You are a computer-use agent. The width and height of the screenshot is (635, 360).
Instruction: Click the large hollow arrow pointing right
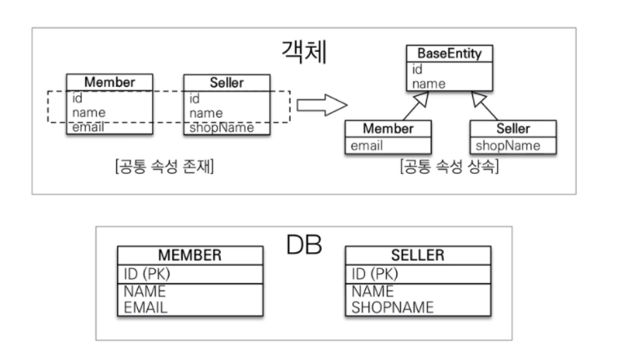pos(322,105)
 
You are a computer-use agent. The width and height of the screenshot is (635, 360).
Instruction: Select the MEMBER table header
pos(190,255)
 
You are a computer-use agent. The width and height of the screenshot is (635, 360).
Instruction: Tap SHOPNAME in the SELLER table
pos(393,307)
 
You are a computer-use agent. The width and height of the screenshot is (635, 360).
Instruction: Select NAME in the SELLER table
pos(372,292)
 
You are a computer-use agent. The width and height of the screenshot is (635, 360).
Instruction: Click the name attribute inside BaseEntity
pos(428,84)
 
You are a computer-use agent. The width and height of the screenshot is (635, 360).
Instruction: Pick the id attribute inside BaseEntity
pos(417,70)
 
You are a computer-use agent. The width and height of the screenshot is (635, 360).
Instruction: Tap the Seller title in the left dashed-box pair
pos(226,83)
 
